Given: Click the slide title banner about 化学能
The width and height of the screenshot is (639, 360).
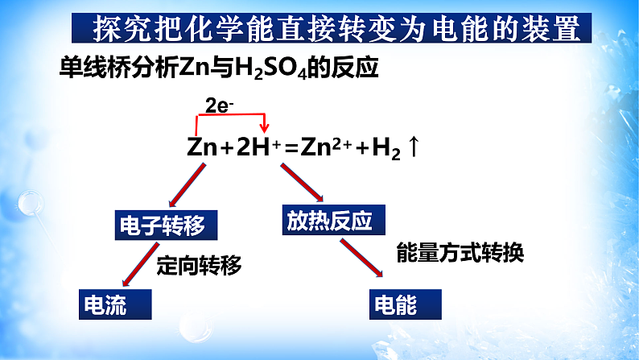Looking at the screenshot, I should (x=335, y=30).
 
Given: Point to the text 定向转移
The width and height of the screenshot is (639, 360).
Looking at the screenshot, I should (x=199, y=264).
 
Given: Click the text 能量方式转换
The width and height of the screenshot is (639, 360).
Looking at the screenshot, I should (x=460, y=254).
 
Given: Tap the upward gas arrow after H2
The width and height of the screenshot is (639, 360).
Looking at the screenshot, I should (x=415, y=147).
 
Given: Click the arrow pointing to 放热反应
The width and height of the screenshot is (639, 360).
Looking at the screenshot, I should (x=301, y=184).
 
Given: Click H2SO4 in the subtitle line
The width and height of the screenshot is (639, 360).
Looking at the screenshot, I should (x=273, y=68).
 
